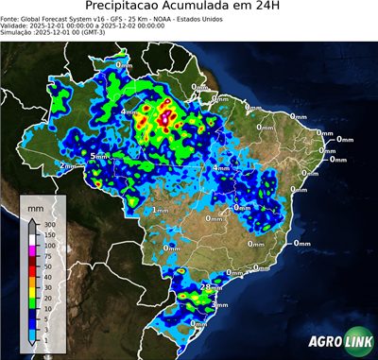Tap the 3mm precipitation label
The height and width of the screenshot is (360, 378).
(x=220, y=305)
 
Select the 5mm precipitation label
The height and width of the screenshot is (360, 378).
(x=99, y=155)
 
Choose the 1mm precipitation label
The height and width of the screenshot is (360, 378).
(x=160, y=210)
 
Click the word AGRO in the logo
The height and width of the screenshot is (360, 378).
(x=325, y=342)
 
